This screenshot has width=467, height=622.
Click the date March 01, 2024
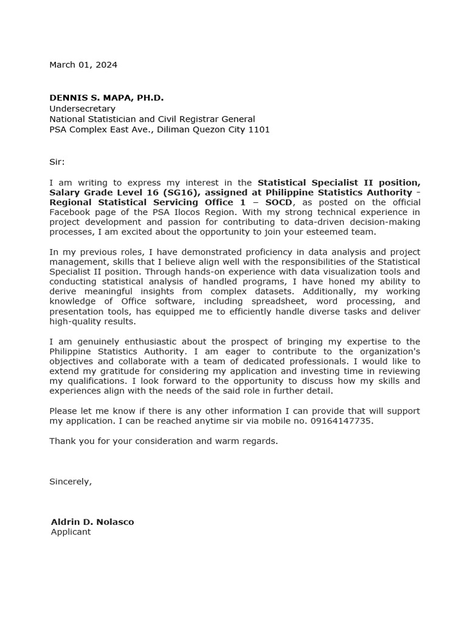click(83, 65)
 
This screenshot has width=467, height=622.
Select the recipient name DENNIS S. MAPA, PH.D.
click(106, 98)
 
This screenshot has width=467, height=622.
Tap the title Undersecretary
click(82, 109)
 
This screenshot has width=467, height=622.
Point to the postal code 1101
click(258, 129)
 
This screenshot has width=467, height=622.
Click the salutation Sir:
click(57, 162)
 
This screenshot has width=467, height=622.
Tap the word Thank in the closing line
click(61, 441)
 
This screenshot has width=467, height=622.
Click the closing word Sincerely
click(70, 482)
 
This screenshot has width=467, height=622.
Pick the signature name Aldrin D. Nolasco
click(92, 522)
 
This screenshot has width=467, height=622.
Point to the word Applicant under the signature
click(71, 532)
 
